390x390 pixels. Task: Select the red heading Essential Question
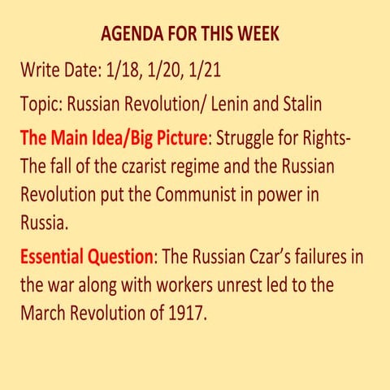pos(86,258)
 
